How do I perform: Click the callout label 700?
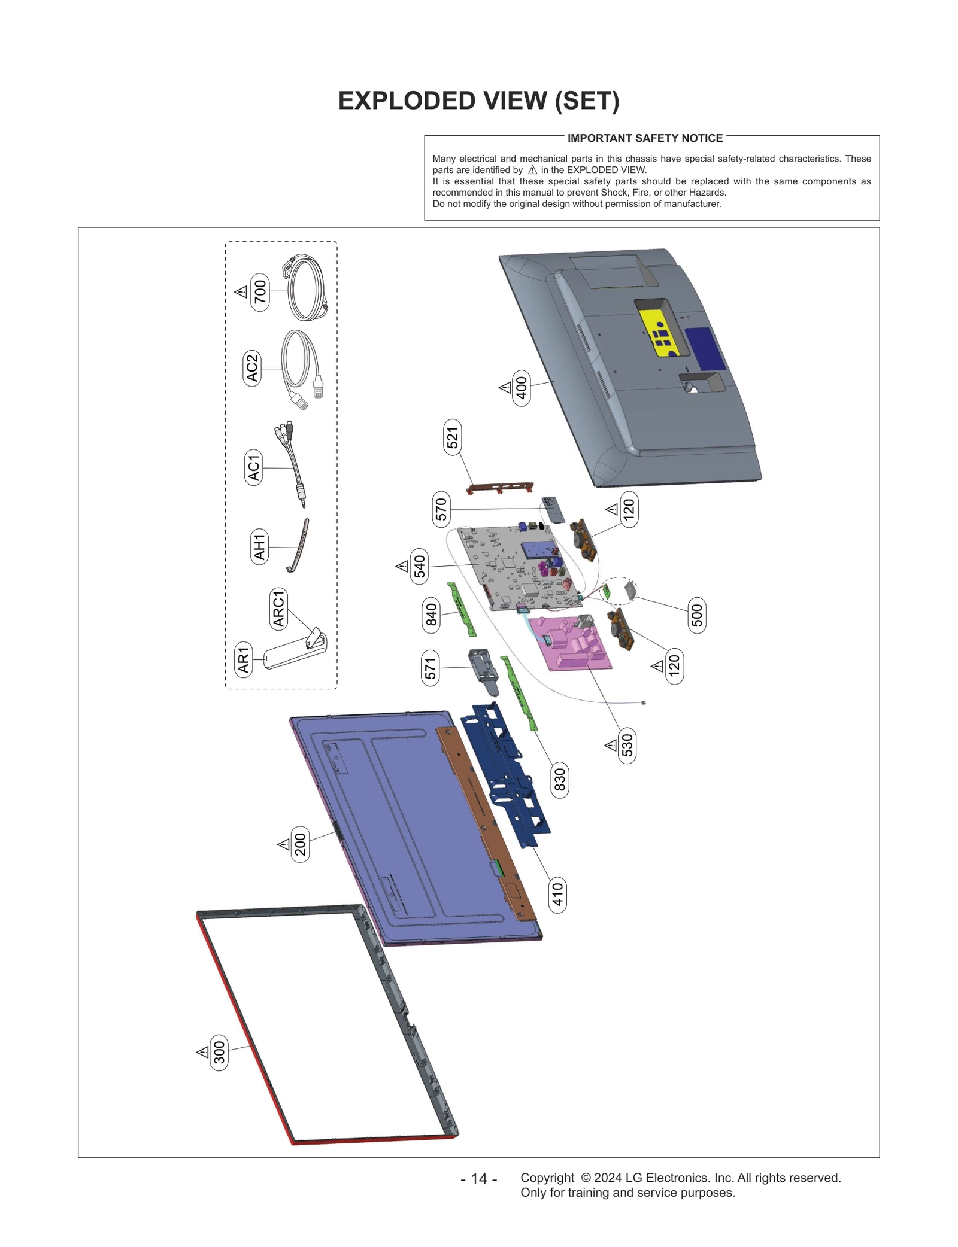260,291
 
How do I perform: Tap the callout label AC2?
252,368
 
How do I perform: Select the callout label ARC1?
278,608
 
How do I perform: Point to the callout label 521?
453,437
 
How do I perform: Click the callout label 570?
441,509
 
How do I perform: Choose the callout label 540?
420,566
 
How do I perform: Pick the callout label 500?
697,615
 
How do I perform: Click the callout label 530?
626,745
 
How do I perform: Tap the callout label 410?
557,895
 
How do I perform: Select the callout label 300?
219,1052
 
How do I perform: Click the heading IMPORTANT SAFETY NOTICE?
645,138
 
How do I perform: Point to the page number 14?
478,1178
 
